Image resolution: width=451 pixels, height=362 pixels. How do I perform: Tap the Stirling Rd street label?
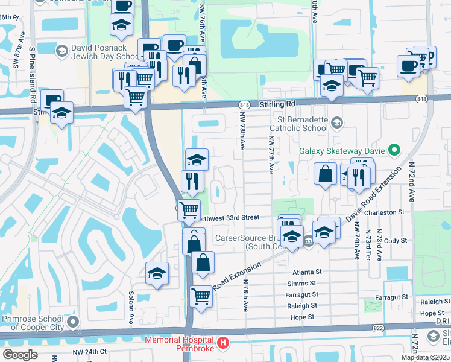pos(278,104)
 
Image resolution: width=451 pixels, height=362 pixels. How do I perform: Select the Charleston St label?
pos(385,212)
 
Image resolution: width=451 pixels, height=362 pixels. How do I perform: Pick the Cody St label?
pos(396,240)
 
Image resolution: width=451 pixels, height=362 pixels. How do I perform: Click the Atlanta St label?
pos(304,271)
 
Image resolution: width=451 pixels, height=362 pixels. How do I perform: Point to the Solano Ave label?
pos(130,308)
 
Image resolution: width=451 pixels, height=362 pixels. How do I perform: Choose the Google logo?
pos(20,355)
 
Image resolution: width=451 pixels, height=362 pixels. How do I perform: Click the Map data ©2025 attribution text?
pos(426,357)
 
